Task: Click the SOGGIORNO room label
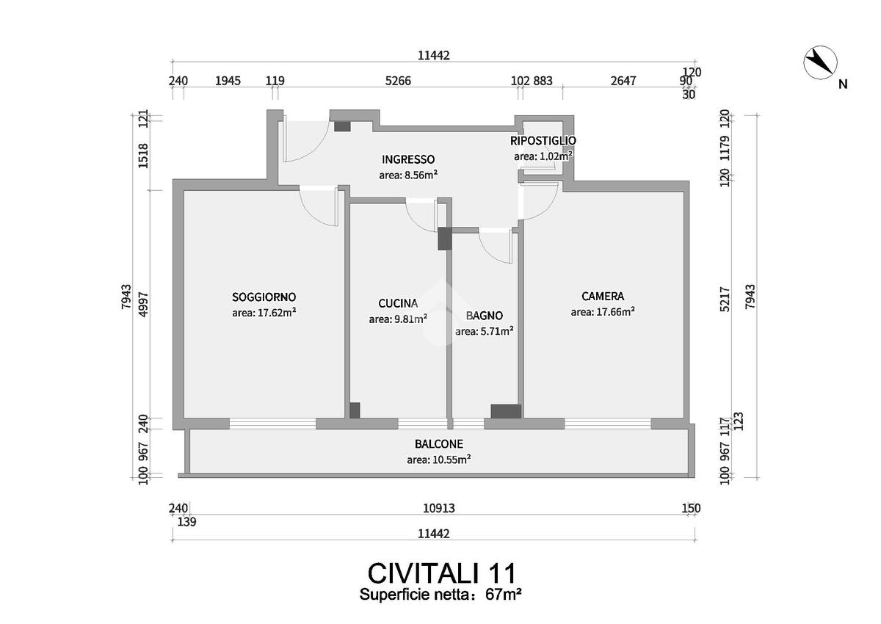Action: [x=264, y=297]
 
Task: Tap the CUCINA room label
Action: [x=398, y=303]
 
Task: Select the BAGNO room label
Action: [x=485, y=316]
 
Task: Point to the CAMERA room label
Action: [x=603, y=297]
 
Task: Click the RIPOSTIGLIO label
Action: [x=543, y=140]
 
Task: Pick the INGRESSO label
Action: [x=408, y=159]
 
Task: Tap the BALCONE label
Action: [x=438, y=444]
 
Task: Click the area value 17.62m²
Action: [x=264, y=312]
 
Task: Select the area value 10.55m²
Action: [x=438, y=460]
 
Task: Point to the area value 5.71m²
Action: [x=484, y=331]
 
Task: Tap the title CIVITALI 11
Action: [x=441, y=573]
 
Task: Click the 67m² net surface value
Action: [x=504, y=595]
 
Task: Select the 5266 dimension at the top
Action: [x=398, y=81]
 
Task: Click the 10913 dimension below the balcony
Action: [x=439, y=508]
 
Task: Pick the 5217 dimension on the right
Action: [x=725, y=300]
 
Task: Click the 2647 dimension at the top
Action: [x=623, y=81]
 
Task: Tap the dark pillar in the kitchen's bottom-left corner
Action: [x=355, y=410]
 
